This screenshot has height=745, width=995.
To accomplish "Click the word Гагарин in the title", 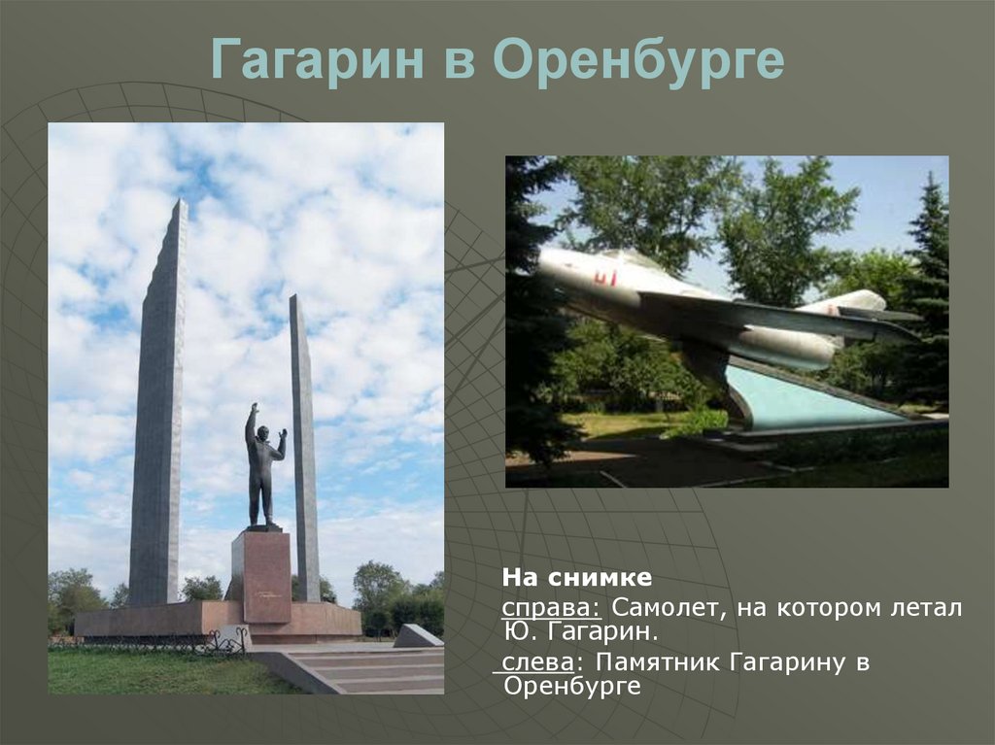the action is point(318,59).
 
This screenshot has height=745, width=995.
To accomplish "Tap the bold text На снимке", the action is point(577,578).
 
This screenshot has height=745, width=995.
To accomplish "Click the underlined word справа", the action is point(552,608).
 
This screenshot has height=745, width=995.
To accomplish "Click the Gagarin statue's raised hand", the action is point(255,407).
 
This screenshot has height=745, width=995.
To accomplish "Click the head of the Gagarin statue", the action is point(260,432).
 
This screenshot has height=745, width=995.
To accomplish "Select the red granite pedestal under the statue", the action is point(260,577).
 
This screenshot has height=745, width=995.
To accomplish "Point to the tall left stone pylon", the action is point(158,402).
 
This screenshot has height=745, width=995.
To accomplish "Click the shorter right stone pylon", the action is point(304,448).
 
